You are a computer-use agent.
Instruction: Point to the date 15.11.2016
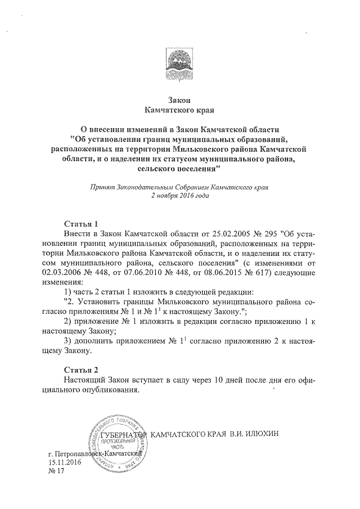[x=65, y=462]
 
